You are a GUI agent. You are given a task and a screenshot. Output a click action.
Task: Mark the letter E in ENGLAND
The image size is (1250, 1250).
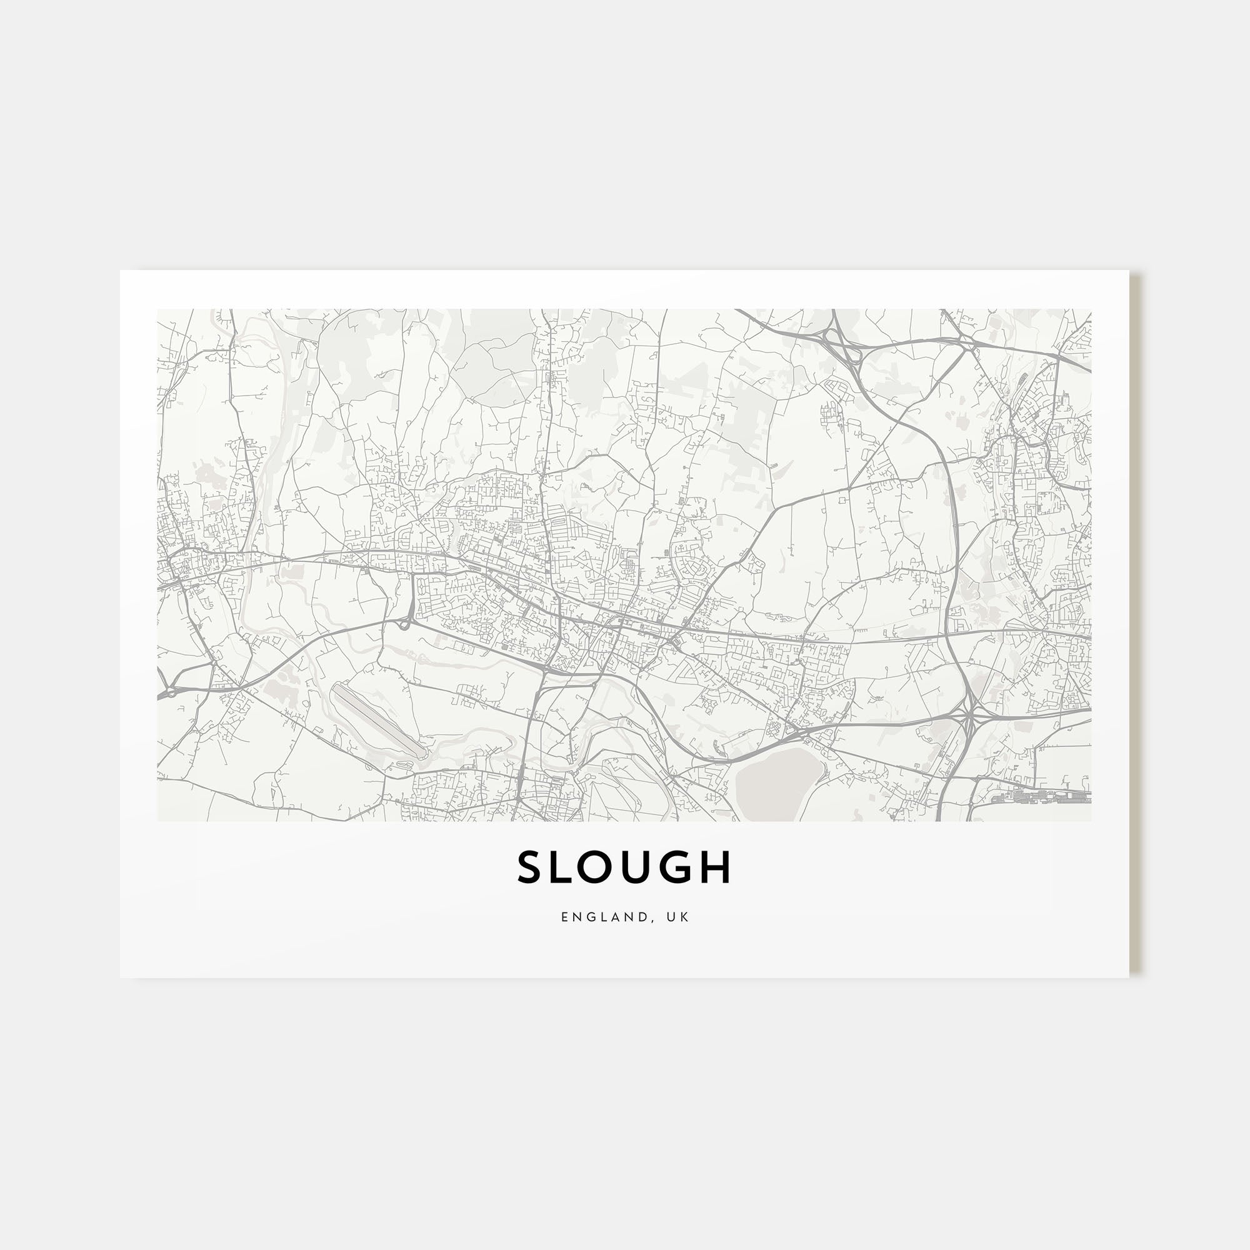565,917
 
